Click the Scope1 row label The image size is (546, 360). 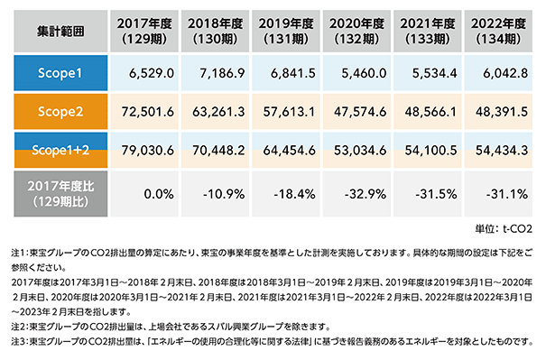click(60, 73)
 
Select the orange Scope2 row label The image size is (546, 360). click(60, 111)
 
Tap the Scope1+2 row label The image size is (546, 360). click(60, 150)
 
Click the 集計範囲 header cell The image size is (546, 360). click(60, 31)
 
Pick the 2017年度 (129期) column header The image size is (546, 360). click(144, 31)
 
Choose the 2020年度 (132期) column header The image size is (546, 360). click(356, 31)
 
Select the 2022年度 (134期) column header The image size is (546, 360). click(498, 31)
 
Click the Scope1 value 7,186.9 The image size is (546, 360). click(222, 73)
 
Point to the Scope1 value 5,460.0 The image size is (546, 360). click(364, 73)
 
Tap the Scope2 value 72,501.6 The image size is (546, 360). click(148, 112)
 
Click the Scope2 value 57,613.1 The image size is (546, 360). click(289, 112)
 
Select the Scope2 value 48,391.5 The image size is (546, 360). click(502, 112)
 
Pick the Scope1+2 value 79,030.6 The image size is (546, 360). click(148, 151)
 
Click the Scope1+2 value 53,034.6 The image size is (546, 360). click(360, 151)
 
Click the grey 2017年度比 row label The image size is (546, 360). click(60, 194)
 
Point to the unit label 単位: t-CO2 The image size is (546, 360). click(504, 229)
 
